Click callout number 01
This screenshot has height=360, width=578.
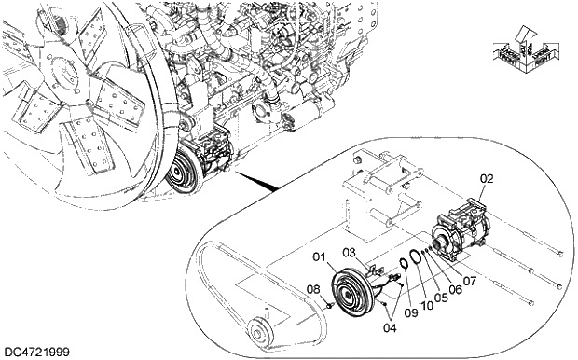320,256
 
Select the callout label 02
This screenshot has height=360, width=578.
487,179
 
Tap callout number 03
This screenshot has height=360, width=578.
349,253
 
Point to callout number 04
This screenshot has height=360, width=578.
390,327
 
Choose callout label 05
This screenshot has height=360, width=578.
441,298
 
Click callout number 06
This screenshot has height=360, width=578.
455,289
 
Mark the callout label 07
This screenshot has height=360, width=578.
470,282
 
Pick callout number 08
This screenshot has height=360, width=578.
313,289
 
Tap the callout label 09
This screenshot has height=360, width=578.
411,312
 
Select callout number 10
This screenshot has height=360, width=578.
427,306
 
